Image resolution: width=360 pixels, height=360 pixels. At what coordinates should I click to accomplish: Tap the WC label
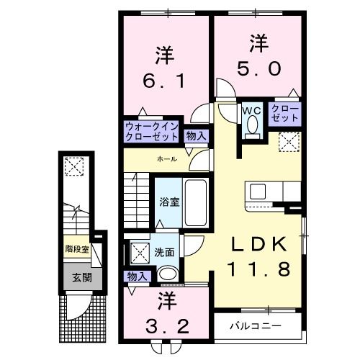tap(251, 110)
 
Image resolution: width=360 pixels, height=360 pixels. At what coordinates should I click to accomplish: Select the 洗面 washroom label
tap(163, 253)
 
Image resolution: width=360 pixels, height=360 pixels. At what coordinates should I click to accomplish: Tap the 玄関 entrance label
tap(76, 276)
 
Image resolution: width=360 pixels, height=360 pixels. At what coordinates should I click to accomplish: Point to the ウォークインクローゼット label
tap(152, 131)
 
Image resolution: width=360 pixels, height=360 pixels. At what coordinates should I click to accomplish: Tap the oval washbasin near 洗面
tap(168, 274)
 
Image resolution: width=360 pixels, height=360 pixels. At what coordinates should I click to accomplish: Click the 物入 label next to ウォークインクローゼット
tap(195, 135)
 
